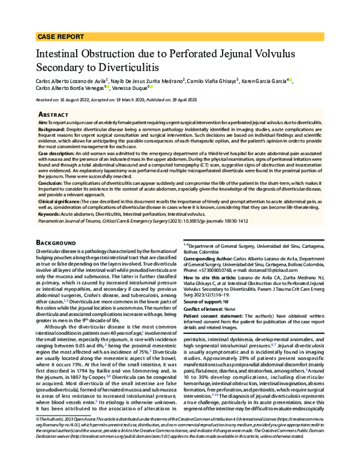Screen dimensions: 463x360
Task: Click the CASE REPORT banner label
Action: [x=61, y=37]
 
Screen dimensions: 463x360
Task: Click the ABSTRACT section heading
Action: [x=54, y=113]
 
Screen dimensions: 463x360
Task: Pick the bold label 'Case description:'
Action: [x=56, y=153]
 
